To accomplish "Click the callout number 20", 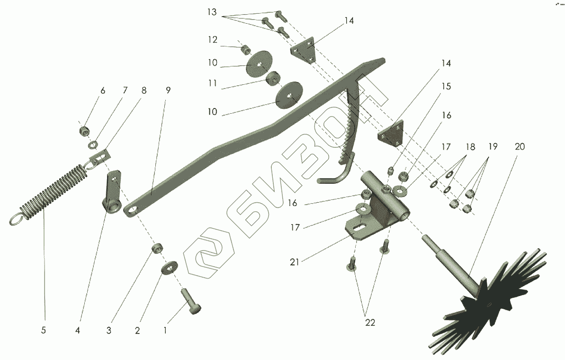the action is (520, 147).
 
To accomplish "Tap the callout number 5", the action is (44, 330).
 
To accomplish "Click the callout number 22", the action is (370, 323).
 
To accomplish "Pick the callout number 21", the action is (295, 261).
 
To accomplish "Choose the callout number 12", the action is (212, 40).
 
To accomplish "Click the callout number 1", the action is (165, 330).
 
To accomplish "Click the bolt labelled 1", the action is (190, 301).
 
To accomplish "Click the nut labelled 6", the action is (84, 129).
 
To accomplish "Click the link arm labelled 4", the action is (112, 194).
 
